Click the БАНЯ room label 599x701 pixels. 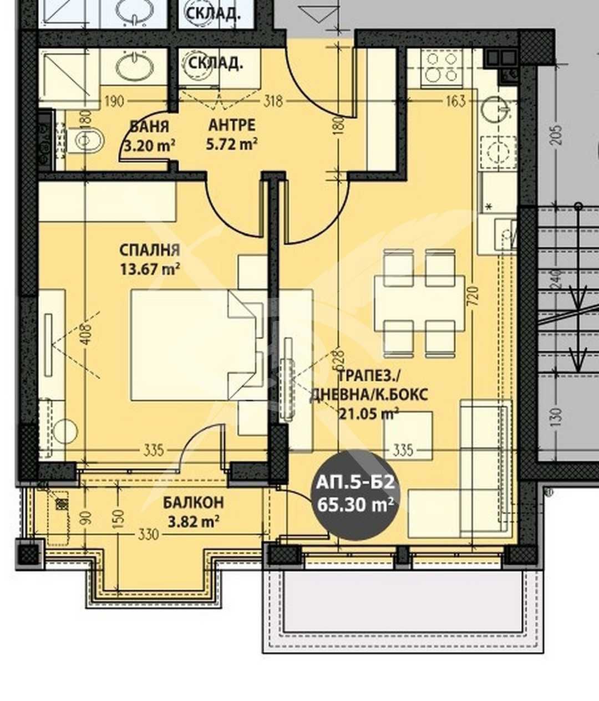[x=149, y=126]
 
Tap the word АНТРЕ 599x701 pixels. [x=232, y=125]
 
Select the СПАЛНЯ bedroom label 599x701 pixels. [x=150, y=250]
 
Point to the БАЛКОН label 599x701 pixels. [x=193, y=503]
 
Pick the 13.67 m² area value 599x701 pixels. [x=150, y=269]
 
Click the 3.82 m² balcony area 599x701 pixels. [x=193, y=521]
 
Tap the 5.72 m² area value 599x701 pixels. [x=232, y=144]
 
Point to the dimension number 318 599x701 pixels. [x=273, y=101]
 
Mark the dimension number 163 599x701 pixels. [x=455, y=101]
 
